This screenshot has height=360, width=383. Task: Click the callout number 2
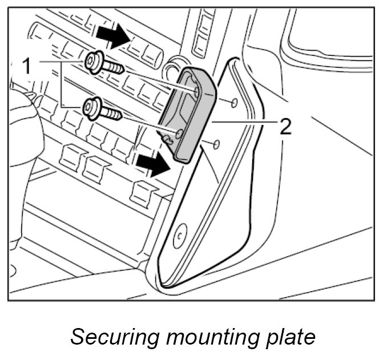(x=284, y=126)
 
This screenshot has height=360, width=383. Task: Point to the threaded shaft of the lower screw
(x=112, y=114)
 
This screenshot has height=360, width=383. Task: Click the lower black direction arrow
(x=153, y=165)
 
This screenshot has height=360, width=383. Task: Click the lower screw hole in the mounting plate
(x=179, y=134)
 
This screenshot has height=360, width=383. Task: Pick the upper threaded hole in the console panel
(x=233, y=103)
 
